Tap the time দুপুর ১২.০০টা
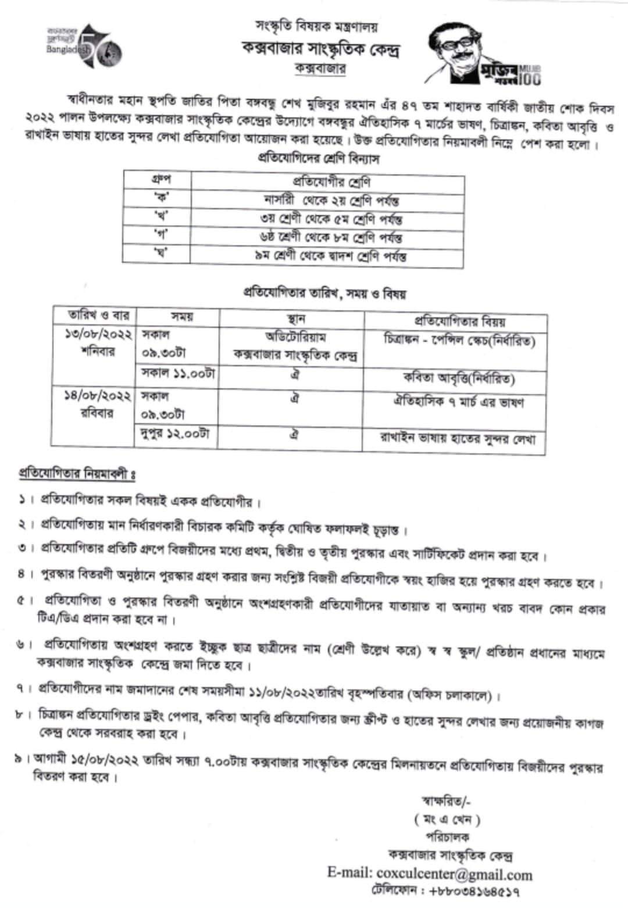pos(175,434)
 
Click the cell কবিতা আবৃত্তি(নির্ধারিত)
pos(459,378)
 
